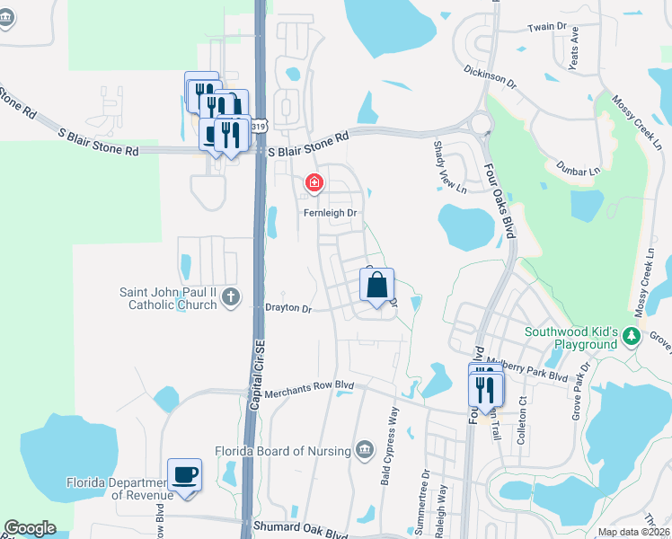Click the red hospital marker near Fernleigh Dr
point(314,184)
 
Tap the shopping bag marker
point(377,286)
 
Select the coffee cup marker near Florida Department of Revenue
point(185,474)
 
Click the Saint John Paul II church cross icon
point(231,296)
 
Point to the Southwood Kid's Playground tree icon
point(632,336)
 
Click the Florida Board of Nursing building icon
point(364,449)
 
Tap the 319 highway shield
point(259,128)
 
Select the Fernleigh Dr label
point(330,213)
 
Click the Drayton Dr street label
point(287,309)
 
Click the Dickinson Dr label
point(491,76)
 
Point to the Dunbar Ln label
point(578,169)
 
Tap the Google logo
point(30,528)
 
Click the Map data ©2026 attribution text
point(632,532)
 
